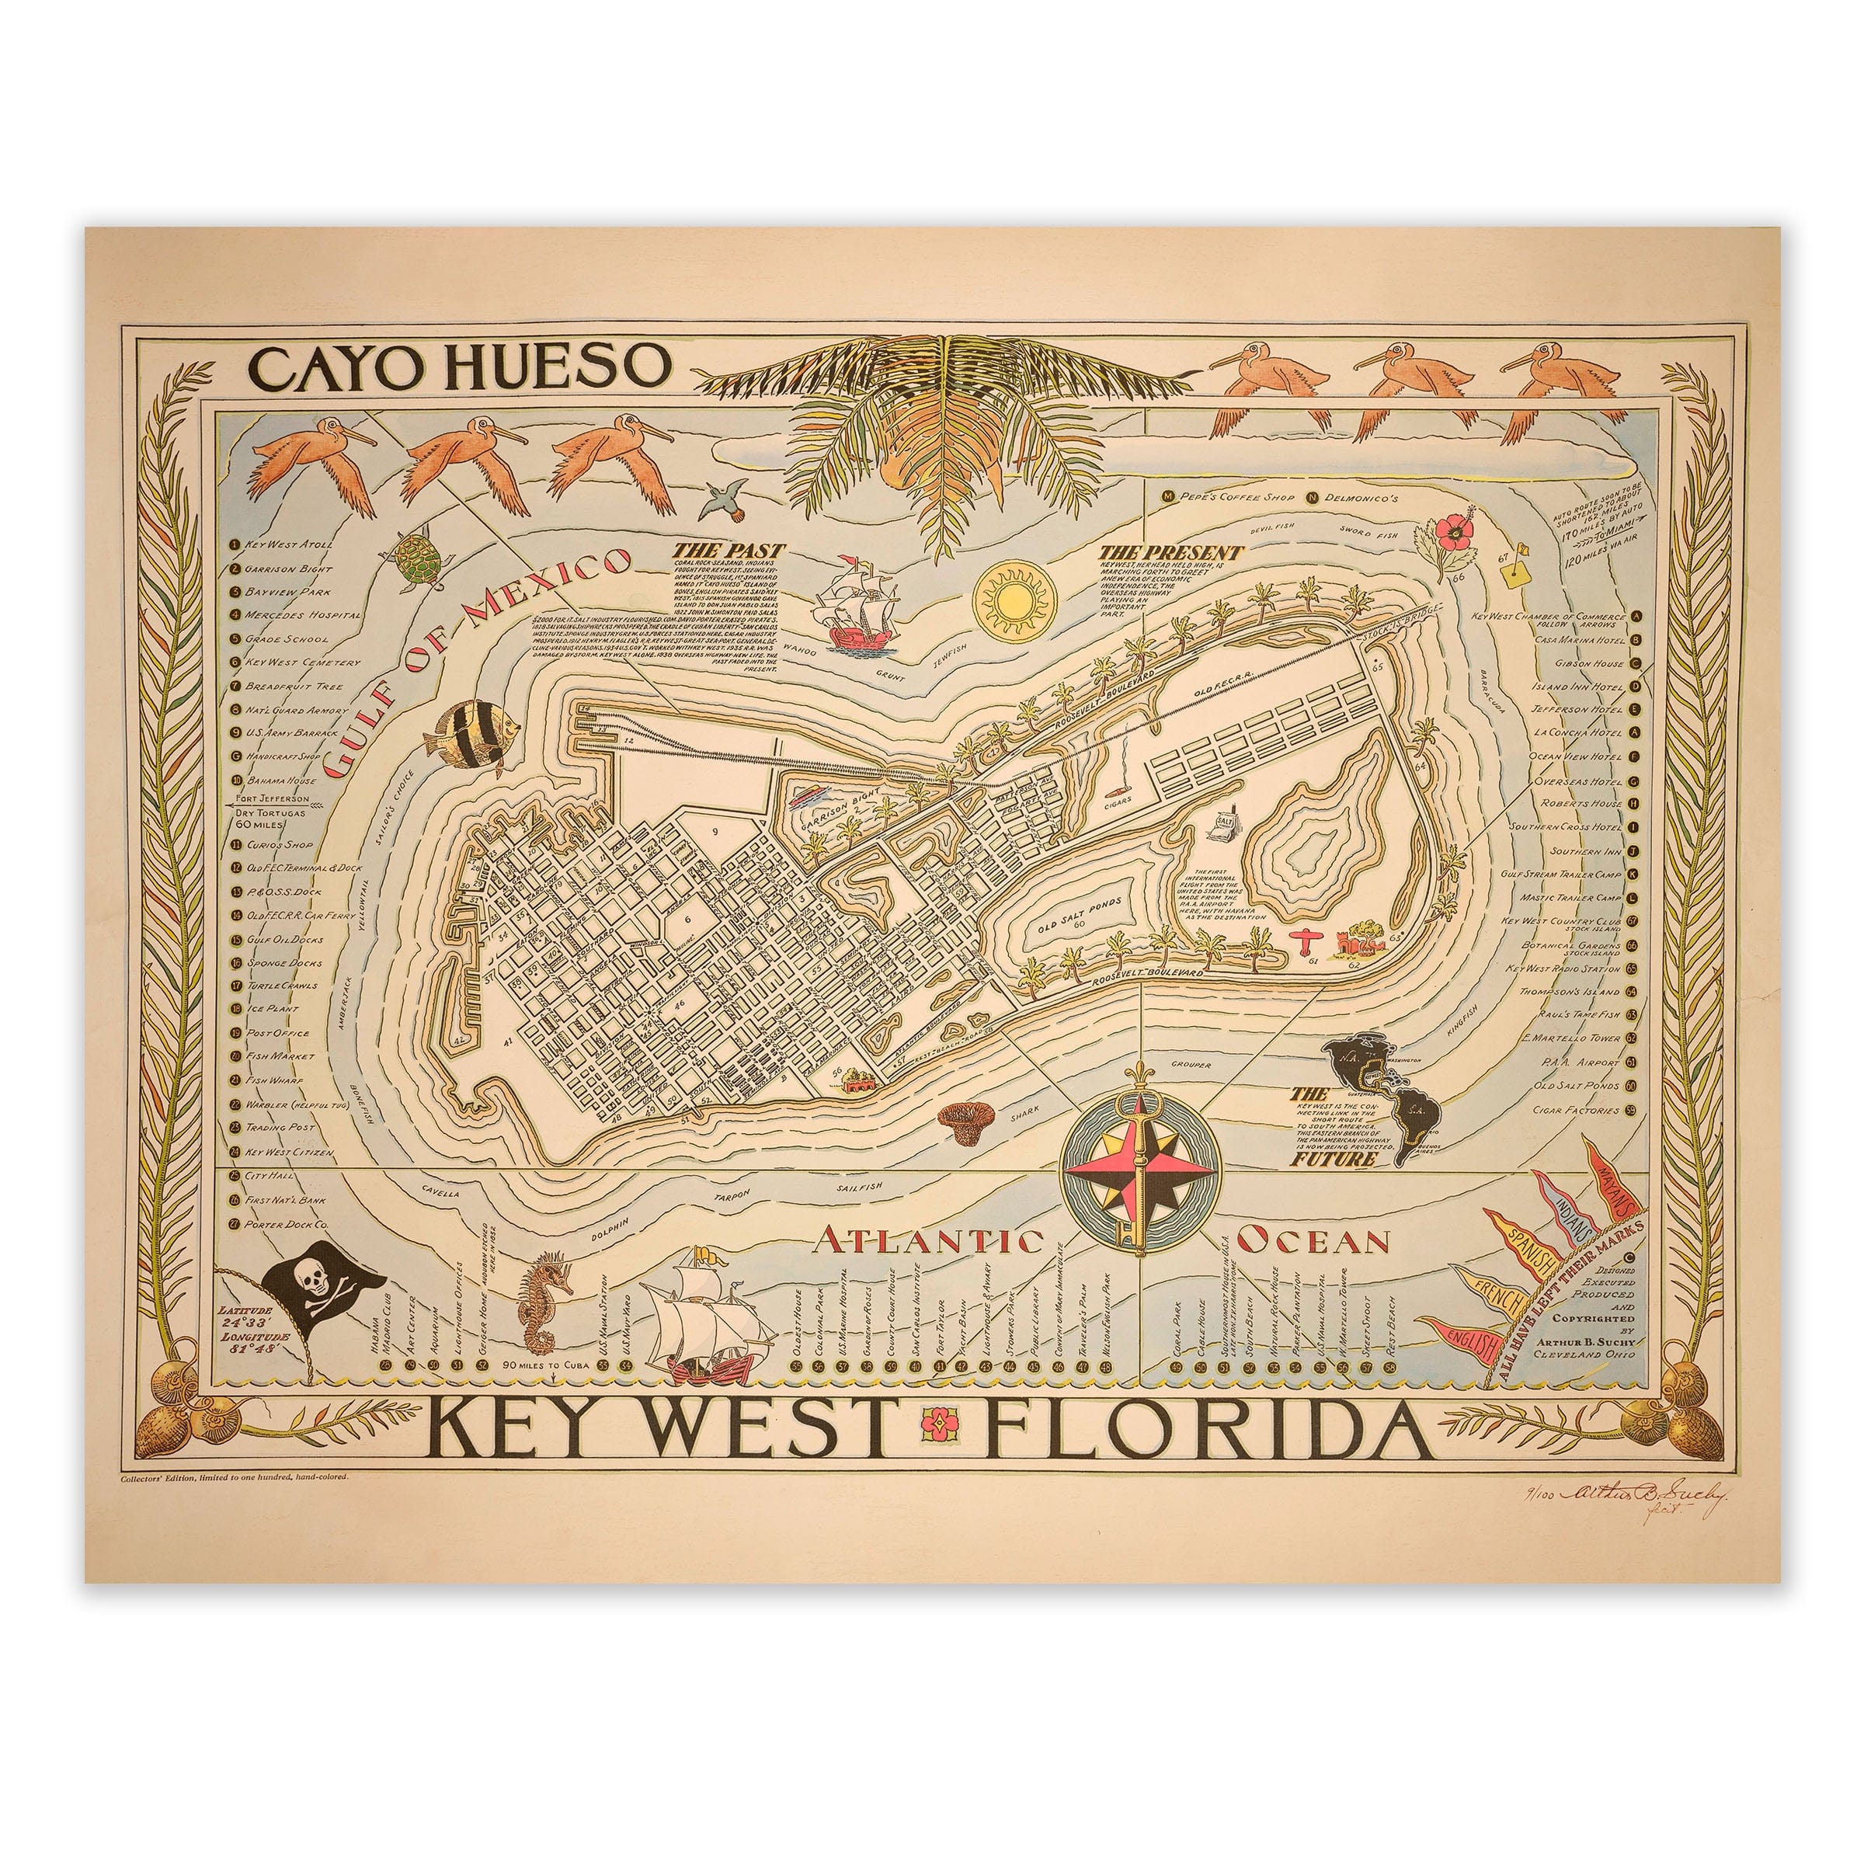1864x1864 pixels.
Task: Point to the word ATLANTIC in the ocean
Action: pyautogui.click(x=929, y=1240)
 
